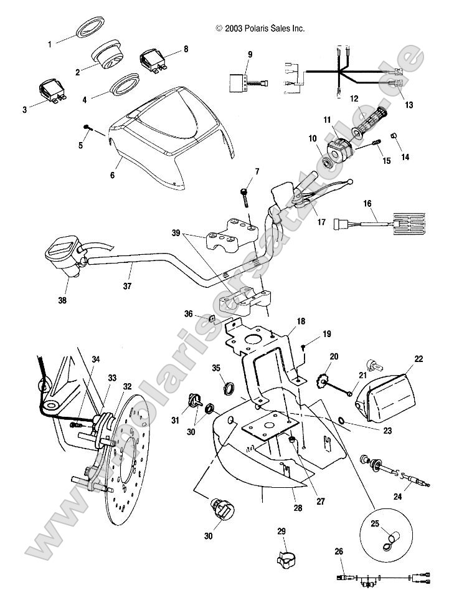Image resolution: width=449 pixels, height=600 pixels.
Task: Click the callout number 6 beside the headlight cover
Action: point(112,176)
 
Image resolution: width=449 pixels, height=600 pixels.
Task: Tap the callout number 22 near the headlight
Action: point(418,358)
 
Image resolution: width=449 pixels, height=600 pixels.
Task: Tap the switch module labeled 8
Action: point(153,61)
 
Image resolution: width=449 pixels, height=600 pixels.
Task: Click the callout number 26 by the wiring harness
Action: point(338,550)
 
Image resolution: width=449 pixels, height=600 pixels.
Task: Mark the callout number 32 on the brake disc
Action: point(126,386)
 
